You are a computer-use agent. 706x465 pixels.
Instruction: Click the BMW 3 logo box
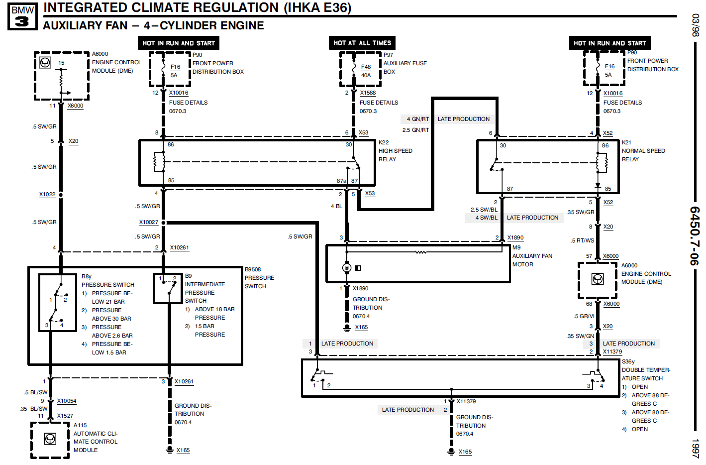click(22, 16)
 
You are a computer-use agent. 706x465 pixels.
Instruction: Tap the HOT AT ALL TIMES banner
click(362, 43)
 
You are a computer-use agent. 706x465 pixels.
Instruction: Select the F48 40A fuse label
click(366, 71)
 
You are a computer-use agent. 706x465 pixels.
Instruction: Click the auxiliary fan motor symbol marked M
click(347, 268)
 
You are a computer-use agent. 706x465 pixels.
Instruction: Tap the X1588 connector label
click(368, 93)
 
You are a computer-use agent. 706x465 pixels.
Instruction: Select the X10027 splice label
click(149, 223)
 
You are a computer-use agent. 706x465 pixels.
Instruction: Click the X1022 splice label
click(47, 195)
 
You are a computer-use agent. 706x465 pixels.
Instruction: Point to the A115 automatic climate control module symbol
click(50, 439)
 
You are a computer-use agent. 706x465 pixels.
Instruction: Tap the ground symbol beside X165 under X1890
click(347, 328)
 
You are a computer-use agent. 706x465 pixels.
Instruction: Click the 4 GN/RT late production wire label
click(417, 119)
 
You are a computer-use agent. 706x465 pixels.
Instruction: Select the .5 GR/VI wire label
click(584, 316)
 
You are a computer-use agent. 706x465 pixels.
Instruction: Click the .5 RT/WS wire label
click(583, 240)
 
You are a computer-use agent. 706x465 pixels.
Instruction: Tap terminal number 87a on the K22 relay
click(341, 181)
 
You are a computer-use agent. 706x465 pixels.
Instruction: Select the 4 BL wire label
click(336, 206)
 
